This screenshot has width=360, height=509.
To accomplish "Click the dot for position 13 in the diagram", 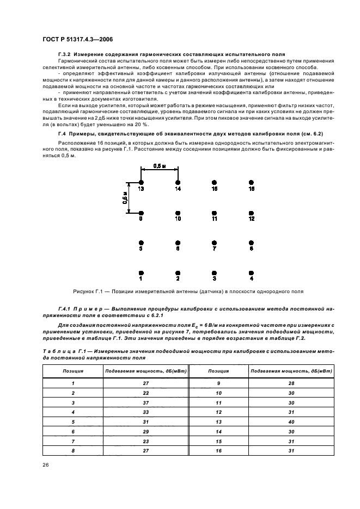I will point(141,183).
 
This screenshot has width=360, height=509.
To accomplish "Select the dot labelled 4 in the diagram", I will point(251,272).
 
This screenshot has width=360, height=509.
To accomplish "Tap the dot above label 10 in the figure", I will point(178,213).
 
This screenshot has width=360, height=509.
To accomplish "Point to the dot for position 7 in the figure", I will point(215,243).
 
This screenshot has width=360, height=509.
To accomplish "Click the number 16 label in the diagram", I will point(251,189).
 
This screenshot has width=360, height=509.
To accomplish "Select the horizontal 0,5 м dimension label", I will point(160,166).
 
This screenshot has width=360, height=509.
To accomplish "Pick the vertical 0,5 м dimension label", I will point(125,198).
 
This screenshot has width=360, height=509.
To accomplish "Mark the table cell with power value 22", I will point(145,393).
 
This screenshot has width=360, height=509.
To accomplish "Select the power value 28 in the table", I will point(291,383).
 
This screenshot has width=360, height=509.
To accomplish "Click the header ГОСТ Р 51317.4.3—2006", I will point(77,38).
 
